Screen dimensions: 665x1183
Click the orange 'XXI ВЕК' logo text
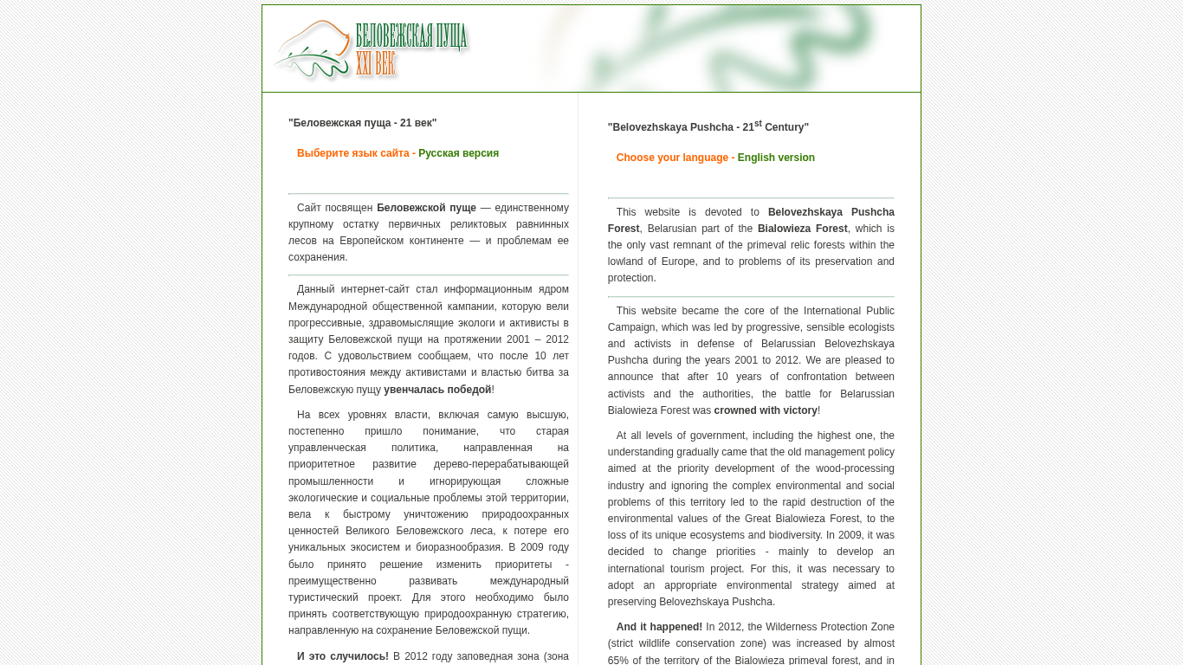click(375, 63)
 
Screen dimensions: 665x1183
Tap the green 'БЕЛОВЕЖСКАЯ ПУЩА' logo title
click(411, 36)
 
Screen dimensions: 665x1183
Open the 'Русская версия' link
click(458, 153)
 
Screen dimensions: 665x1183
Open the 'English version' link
click(776, 158)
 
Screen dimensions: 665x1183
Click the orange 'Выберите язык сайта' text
click(353, 153)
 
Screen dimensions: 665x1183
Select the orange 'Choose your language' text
click(672, 158)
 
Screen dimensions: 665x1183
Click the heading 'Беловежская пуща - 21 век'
click(362, 123)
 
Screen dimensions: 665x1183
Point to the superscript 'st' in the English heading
click(758, 124)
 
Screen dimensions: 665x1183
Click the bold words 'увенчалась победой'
click(437, 390)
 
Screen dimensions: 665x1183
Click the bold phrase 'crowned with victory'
click(766, 410)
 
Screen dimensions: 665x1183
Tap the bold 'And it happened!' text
click(659, 627)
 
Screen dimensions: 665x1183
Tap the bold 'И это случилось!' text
click(343, 656)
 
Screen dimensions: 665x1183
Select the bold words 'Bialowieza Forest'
click(802, 229)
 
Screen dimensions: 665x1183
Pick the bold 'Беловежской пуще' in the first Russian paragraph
click(426, 208)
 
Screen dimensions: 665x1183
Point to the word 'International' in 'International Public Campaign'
click(835, 311)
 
